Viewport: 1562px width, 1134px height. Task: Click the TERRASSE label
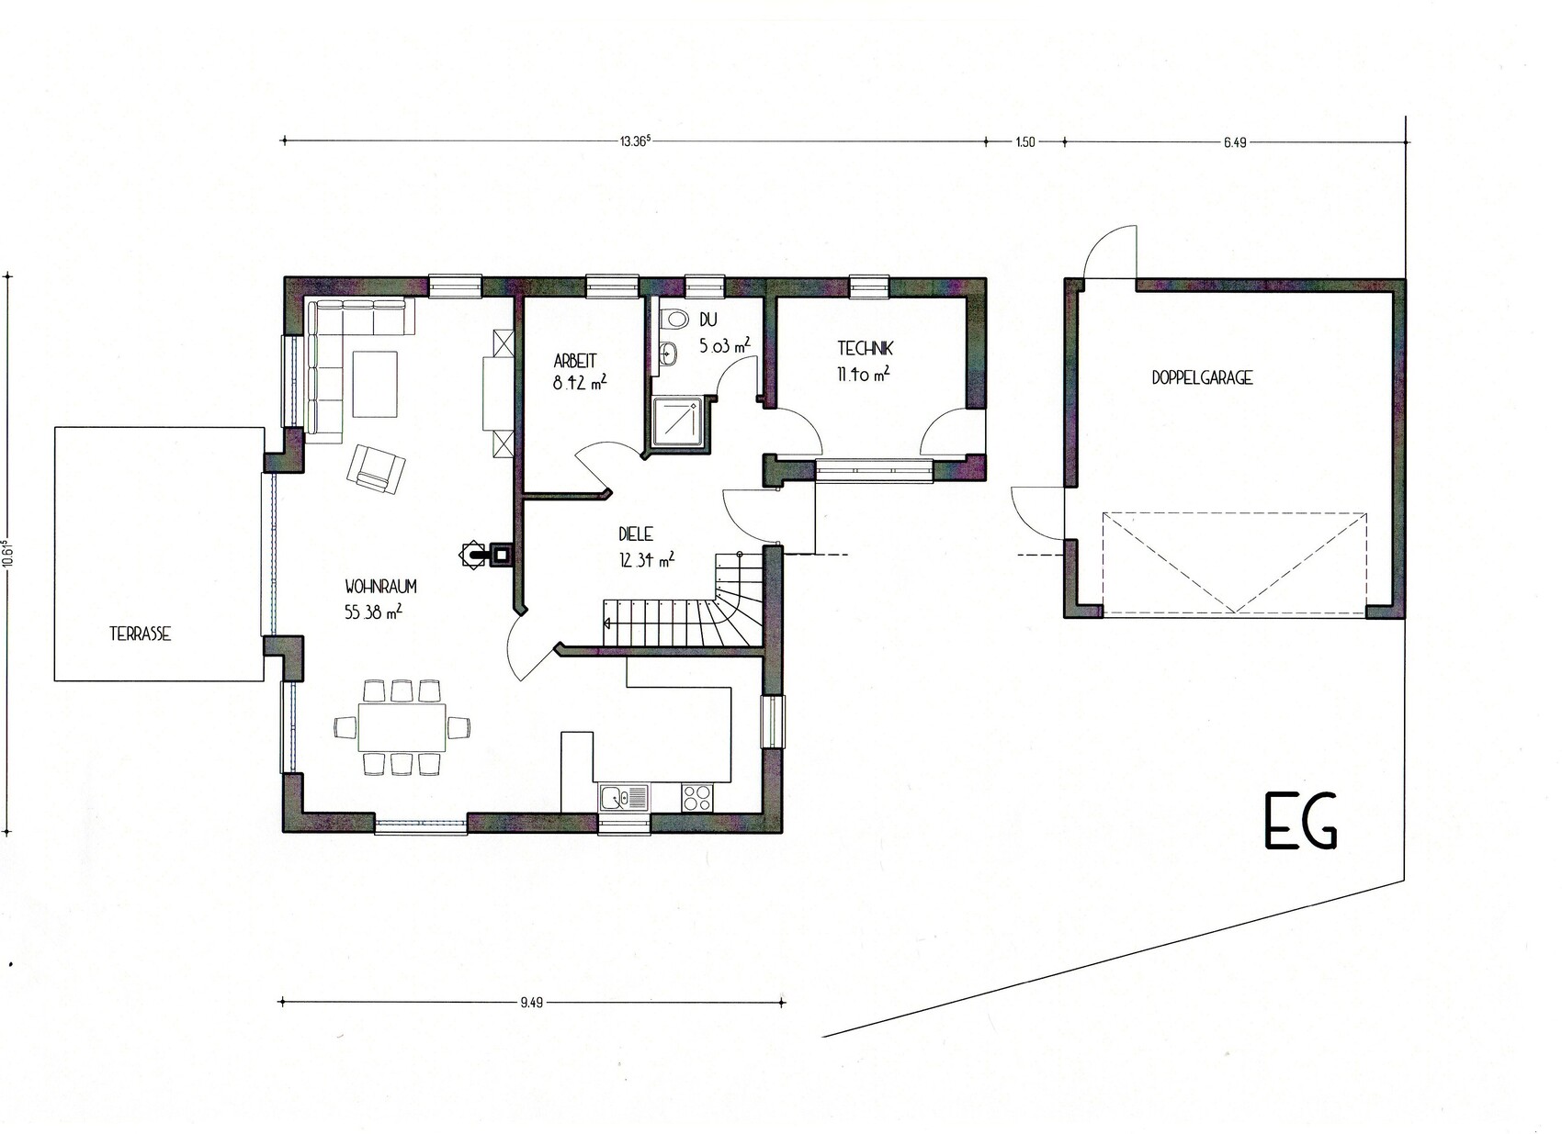click(141, 634)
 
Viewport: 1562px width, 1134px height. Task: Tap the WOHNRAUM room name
click(380, 587)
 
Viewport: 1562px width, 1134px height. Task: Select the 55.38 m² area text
click(373, 612)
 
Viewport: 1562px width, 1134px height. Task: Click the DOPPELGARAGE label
click(1202, 377)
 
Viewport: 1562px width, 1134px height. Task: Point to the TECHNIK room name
click(866, 348)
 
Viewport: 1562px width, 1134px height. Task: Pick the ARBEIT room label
click(575, 361)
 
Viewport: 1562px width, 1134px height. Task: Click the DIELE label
click(636, 534)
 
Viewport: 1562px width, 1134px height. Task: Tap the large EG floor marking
click(1301, 829)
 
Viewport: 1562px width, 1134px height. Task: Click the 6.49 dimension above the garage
click(1234, 143)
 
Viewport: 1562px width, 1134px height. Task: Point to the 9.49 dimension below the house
click(531, 1003)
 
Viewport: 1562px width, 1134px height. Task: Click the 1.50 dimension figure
click(1024, 143)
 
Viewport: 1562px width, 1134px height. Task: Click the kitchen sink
click(623, 797)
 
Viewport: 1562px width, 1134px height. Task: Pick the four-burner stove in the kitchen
click(698, 798)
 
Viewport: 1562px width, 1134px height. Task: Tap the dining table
click(402, 727)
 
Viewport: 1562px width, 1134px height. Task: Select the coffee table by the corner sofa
click(375, 384)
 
